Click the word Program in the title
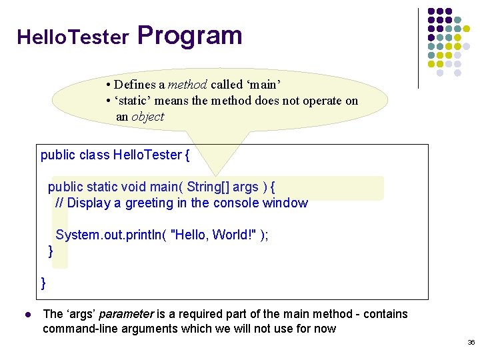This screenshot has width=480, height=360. click(190, 35)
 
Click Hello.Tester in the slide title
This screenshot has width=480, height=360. click(73, 37)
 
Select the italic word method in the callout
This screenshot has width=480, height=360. click(187, 85)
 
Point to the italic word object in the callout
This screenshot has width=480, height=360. click(147, 117)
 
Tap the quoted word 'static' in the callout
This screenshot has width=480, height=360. click(133, 101)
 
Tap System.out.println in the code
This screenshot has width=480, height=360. click(107, 235)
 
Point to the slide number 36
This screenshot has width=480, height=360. click(471, 343)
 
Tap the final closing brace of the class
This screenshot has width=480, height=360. click(44, 283)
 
